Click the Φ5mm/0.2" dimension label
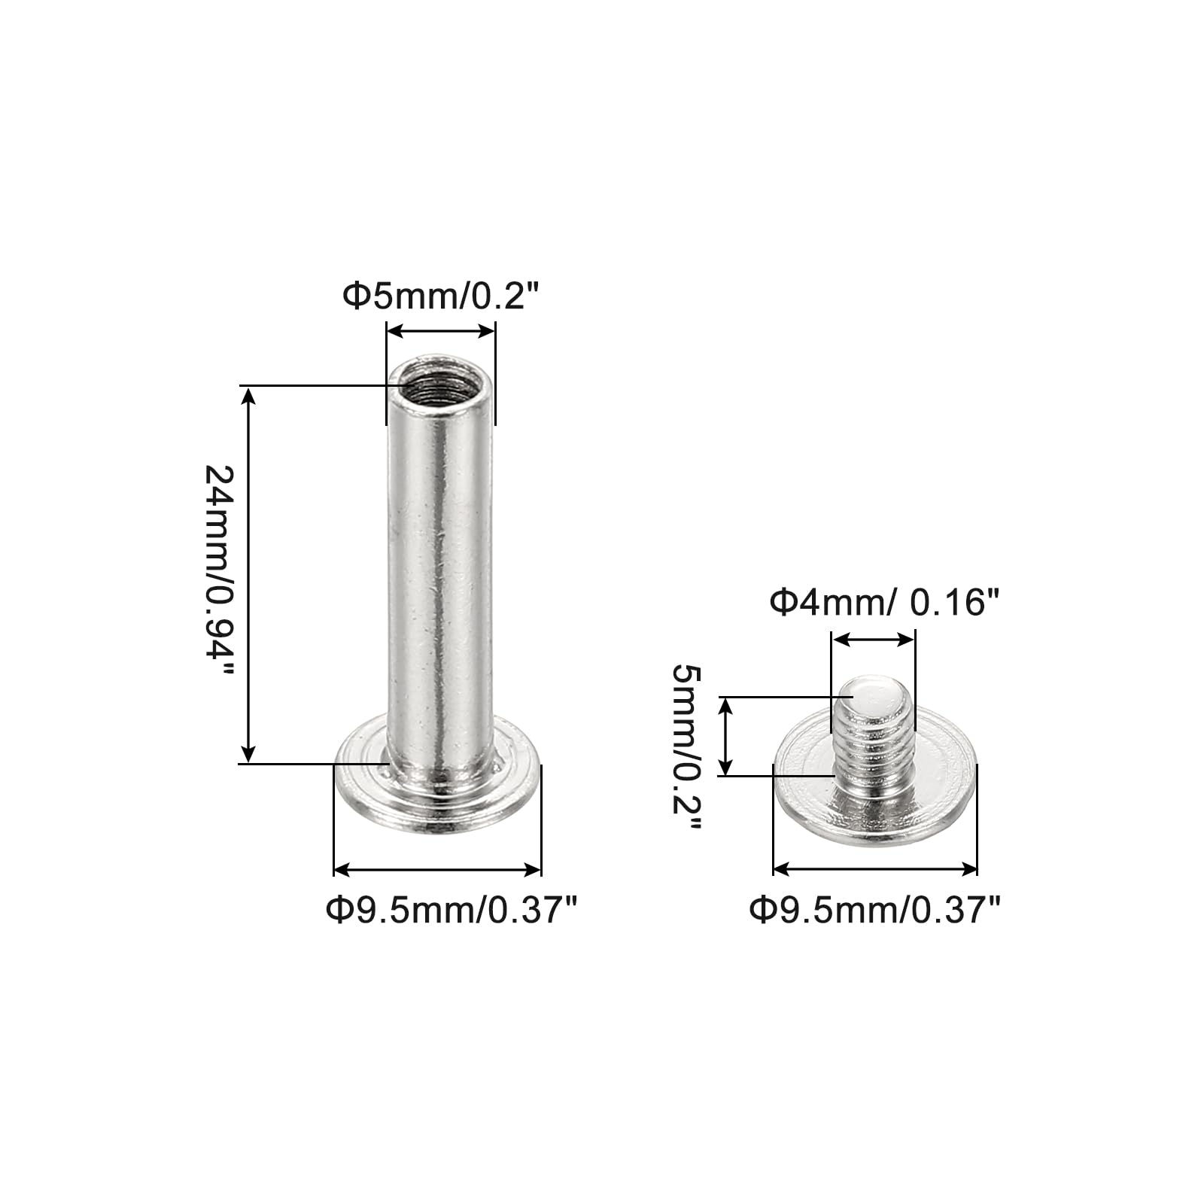pyautogui.click(x=442, y=296)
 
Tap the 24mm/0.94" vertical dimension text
pyautogui.click(x=220, y=572)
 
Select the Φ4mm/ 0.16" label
pyautogui.click(x=884, y=603)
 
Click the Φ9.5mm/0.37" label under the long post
pyautogui.click(x=451, y=911)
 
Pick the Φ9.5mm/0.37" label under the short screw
pyautogui.click(x=875, y=911)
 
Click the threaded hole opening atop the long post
pyautogui.click(x=441, y=381)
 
